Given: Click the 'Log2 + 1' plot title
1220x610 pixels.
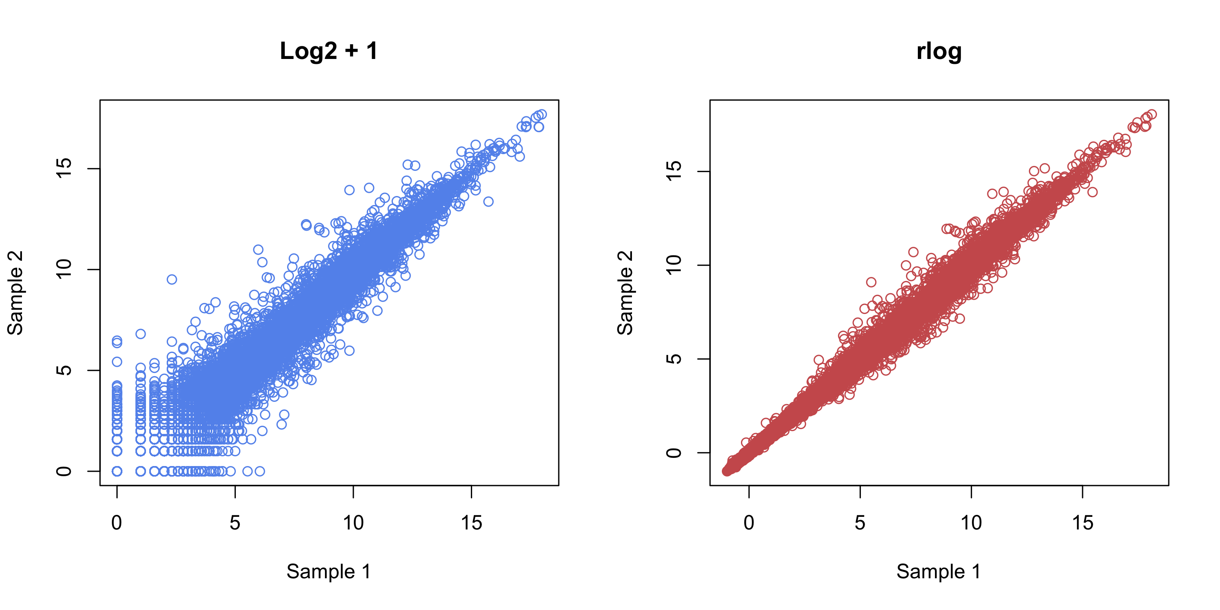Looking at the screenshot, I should click(x=329, y=51).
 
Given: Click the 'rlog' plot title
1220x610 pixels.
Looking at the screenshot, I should click(x=939, y=51).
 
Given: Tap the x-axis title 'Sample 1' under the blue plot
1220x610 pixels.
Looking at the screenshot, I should click(x=329, y=572).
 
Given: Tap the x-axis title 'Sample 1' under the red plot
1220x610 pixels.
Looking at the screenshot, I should click(x=939, y=572).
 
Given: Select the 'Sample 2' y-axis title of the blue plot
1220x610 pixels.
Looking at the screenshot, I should click(x=15, y=293).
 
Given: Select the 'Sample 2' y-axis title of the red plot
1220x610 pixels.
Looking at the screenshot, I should click(x=625, y=293).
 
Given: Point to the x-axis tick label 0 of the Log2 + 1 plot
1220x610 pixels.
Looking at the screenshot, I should click(x=116, y=523).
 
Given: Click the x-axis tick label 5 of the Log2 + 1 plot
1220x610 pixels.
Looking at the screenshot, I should click(x=235, y=523).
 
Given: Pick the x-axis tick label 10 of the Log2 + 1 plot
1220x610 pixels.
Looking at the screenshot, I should click(x=353, y=523).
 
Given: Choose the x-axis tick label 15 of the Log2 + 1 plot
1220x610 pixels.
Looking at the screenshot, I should click(x=471, y=523).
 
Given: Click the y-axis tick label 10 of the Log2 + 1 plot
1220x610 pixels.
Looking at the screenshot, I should click(x=63, y=269).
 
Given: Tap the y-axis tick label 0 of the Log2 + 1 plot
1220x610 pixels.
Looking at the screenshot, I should click(x=63, y=471).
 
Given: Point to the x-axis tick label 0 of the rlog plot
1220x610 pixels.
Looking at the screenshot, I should click(x=749, y=523).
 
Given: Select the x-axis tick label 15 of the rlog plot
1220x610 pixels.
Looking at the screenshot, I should click(x=1083, y=523).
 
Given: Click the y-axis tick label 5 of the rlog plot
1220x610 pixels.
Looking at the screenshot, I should click(x=673, y=359).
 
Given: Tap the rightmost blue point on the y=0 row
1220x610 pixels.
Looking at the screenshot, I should click(x=259, y=471).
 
